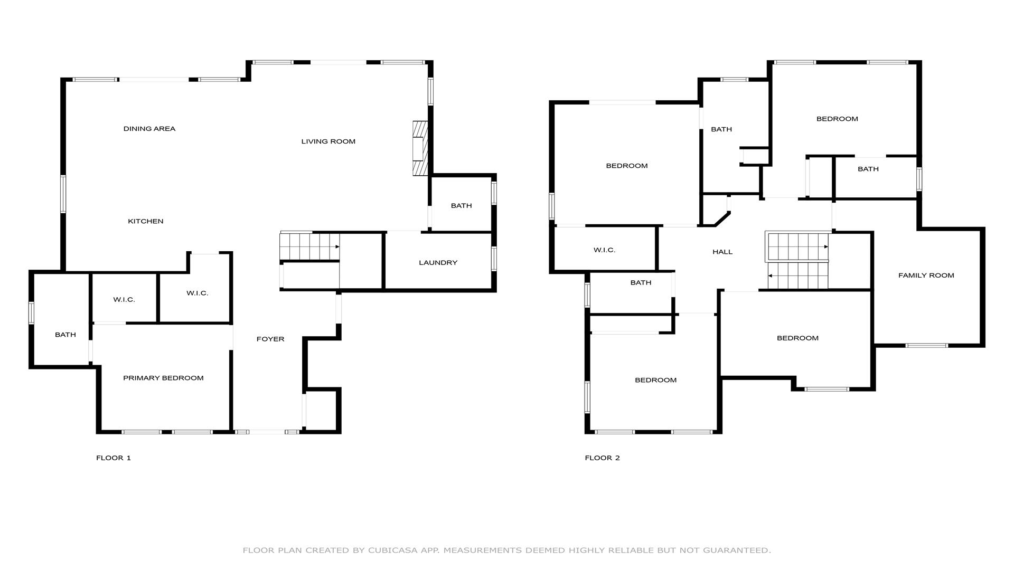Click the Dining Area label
(x=149, y=129)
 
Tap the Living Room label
(x=328, y=141)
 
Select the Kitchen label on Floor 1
(x=146, y=221)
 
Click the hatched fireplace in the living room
(x=420, y=148)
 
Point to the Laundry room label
(x=438, y=263)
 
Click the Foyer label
(x=270, y=339)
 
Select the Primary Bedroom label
(x=163, y=378)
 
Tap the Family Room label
(x=926, y=275)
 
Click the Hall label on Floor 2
(x=722, y=252)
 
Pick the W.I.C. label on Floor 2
(x=604, y=250)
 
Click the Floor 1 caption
(x=114, y=458)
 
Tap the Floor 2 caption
(x=603, y=458)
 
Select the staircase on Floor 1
(x=309, y=246)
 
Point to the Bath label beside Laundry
(x=461, y=206)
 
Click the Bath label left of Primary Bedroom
(x=65, y=335)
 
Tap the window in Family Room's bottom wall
(x=927, y=346)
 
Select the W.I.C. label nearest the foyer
(x=197, y=293)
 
